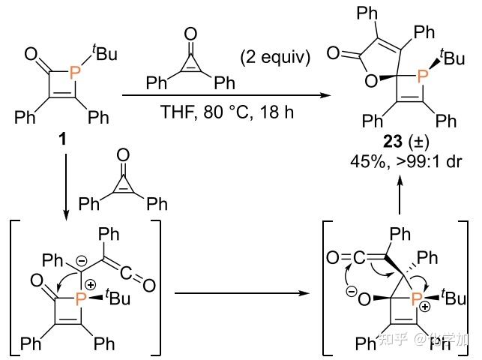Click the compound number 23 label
point(379,142)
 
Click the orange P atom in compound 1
point(73,71)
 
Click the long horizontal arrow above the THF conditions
point(225,95)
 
